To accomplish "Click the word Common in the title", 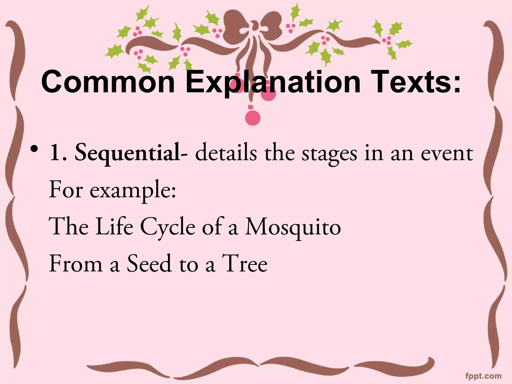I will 108,82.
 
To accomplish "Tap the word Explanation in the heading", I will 273,82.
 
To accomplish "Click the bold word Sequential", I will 127,153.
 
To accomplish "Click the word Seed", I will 149,263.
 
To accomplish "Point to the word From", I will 76,263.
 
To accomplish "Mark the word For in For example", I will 65,190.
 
